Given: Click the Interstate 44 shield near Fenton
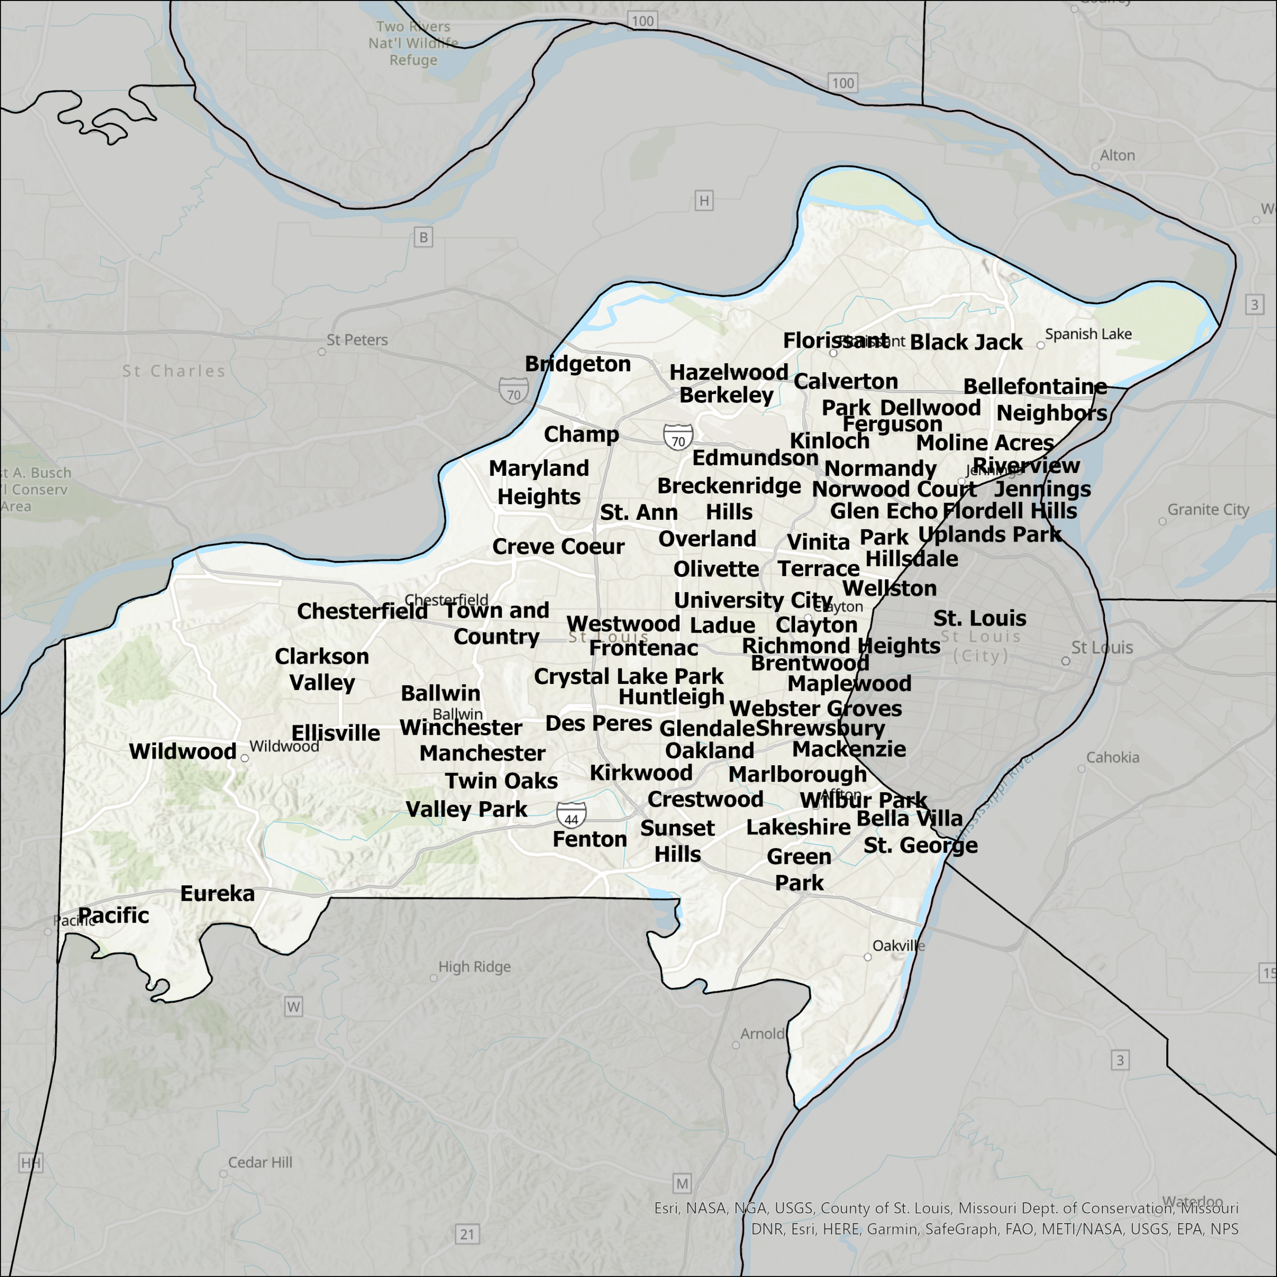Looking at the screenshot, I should coord(571,816).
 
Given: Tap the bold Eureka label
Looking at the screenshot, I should coord(217,893).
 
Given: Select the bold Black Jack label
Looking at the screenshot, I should coord(966,342).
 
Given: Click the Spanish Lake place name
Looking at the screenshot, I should coord(1088,334).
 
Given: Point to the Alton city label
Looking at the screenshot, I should coord(1117,156).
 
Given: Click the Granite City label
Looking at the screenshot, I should coord(1208,510).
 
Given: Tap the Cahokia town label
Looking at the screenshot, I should coord(1112,758).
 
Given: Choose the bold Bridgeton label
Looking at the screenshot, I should coord(578,364).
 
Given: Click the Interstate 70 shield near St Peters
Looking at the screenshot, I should coord(514,391).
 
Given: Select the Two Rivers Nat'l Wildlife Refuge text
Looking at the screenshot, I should coord(413,43).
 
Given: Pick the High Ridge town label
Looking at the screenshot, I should coord(474,967).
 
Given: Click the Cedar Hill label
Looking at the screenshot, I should coord(260,1163).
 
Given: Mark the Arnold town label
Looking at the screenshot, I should coord(762,1034).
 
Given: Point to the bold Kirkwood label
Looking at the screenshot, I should coord(640,773).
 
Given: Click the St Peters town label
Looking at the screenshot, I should coord(357,340).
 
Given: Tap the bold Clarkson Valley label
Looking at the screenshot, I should coord(322,669).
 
